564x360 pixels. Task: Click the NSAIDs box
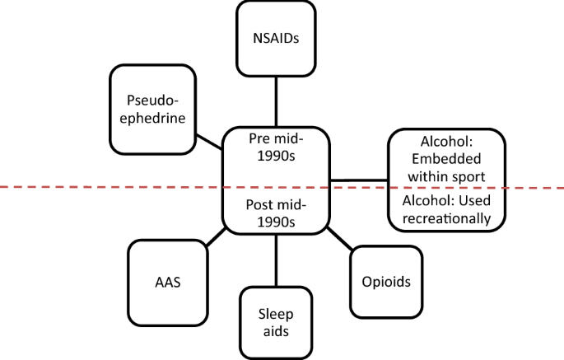(276, 38)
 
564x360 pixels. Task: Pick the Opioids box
(385, 281)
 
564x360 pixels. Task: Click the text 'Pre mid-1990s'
(276, 145)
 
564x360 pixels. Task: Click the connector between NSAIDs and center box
(276, 101)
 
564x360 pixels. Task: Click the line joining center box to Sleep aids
(276, 259)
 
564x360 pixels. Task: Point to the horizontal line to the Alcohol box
(358, 180)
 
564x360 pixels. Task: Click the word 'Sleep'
(276, 313)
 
